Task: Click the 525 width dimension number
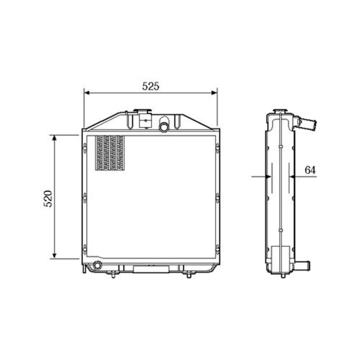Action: (x=150, y=86)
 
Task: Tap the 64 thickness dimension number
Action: (x=310, y=170)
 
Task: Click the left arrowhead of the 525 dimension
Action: (x=87, y=93)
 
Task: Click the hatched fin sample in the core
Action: (x=109, y=153)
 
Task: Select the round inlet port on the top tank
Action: (x=164, y=127)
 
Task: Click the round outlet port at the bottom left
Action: (x=97, y=266)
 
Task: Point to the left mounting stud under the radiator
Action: (x=113, y=275)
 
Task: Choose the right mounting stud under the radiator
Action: (x=189, y=275)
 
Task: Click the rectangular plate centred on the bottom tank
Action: (x=151, y=269)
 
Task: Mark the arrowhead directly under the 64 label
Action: (x=293, y=176)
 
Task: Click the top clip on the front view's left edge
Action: (x=85, y=148)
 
